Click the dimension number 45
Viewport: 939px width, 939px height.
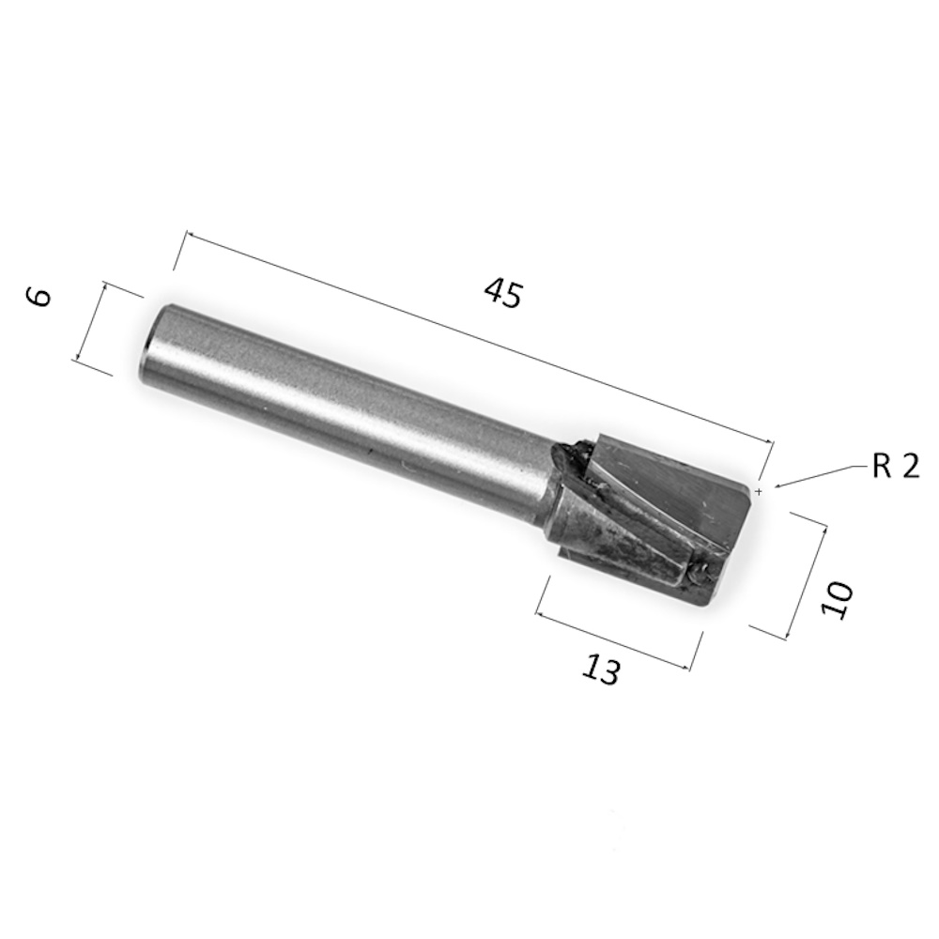tap(503, 293)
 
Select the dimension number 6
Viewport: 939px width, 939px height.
tap(39, 297)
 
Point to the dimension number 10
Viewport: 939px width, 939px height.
tap(837, 599)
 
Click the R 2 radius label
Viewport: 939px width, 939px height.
tap(895, 466)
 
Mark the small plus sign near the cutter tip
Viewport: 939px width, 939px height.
tap(760, 492)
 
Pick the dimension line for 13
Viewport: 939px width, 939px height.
tap(612, 640)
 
